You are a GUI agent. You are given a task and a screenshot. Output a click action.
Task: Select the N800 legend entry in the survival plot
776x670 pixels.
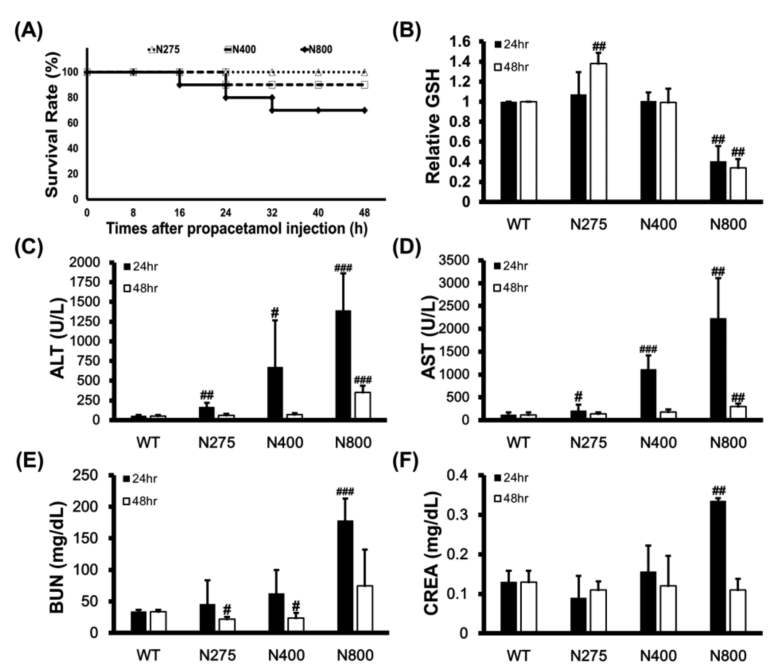click(x=316, y=50)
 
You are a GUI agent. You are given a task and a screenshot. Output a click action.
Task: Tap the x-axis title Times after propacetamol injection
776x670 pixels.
click(x=236, y=228)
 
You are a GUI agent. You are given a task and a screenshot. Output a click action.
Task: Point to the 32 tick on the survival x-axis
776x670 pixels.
click(x=272, y=213)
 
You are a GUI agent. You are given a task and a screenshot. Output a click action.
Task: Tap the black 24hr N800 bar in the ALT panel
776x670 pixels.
click(x=343, y=365)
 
